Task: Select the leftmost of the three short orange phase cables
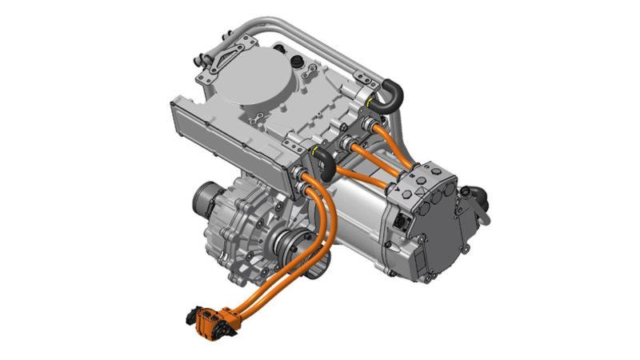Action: click(x=352, y=171)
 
